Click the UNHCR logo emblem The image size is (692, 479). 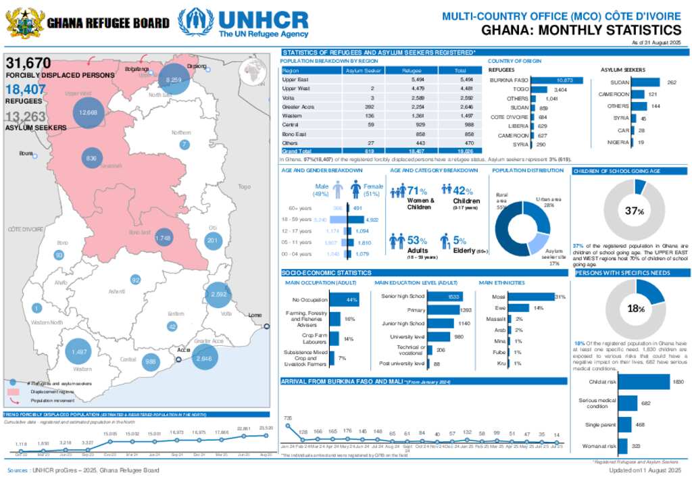point(195,22)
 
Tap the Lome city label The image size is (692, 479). point(255,316)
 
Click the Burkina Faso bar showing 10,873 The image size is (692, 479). point(558,80)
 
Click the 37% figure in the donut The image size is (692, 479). point(634,211)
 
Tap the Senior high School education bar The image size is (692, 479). point(445,296)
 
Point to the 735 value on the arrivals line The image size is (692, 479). point(289,419)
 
